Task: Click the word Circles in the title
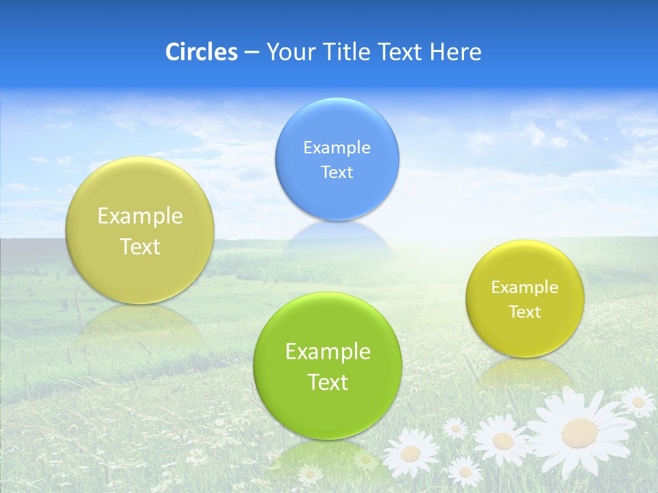tap(201, 52)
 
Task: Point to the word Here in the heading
tap(455, 52)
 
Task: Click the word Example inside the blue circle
tap(337, 148)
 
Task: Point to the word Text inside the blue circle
tap(337, 173)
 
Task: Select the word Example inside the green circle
tap(328, 352)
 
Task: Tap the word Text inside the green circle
tap(328, 382)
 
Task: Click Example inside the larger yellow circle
tap(140, 216)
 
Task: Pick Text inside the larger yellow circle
tap(140, 246)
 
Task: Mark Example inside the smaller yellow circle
tap(525, 288)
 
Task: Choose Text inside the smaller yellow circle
tap(525, 312)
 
